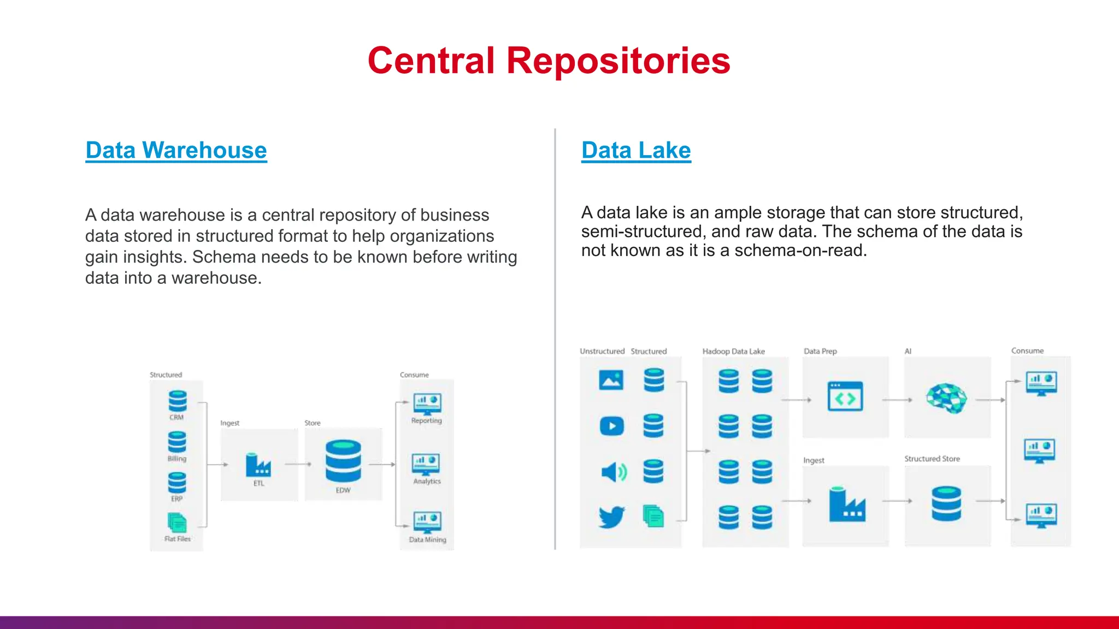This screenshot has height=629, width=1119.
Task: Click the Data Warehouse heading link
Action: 176,150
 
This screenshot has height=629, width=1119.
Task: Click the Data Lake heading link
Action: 636,150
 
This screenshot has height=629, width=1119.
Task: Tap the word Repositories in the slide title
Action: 618,61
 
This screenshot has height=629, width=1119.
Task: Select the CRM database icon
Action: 178,401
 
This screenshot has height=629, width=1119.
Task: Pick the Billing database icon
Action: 177,442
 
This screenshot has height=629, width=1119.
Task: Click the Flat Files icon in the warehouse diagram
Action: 177,523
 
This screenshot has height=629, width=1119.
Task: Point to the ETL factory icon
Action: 258,465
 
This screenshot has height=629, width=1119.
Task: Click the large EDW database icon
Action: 343,461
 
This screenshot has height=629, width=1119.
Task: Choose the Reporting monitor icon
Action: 427,404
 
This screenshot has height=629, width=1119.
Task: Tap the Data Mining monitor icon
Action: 427,523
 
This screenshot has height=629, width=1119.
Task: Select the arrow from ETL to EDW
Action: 298,465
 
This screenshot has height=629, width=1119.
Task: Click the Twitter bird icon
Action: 611,517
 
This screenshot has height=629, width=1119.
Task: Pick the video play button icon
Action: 611,426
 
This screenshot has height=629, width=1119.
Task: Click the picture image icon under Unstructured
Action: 611,380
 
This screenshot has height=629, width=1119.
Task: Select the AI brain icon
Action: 946,398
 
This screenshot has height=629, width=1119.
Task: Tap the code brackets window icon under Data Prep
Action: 845,396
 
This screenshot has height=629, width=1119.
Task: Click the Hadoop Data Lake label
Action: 733,351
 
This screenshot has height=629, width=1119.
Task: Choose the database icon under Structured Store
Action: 946,503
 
